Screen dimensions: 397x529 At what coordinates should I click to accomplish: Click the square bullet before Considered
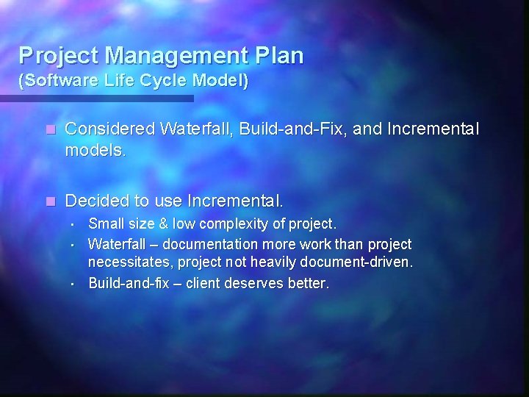(x=50, y=130)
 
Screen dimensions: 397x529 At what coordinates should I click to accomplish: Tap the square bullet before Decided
(x=50, y=201)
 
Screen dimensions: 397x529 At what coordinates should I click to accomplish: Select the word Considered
(x=109, y=129)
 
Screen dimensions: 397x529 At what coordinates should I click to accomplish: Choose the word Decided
(x=96, y=200)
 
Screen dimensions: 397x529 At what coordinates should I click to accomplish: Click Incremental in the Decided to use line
(x=235, y=200)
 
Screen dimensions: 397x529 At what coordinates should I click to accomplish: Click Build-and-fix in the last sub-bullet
(x=125, y=283)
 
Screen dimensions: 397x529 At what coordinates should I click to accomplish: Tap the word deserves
(x=262, y=283)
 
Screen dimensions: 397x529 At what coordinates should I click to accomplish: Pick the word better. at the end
(x=312, y=283)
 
